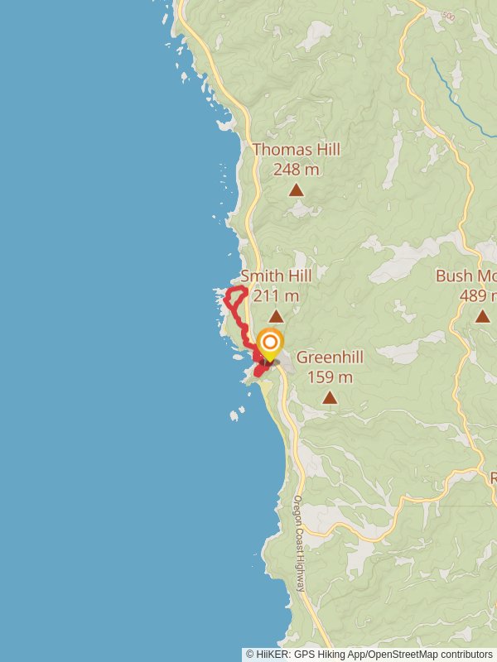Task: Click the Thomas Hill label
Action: pos(296,150)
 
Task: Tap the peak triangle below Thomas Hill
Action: pos(296,190)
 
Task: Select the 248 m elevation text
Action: pos(296,170)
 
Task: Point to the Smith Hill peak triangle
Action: pos(276,316)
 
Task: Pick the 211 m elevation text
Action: pos(276,295)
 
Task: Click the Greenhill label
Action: pos(330,357)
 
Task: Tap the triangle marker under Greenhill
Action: pos(330,398)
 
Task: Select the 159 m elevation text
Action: pos(330,377)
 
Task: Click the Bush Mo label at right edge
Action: pos(466,276)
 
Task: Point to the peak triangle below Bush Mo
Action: pos(482,316)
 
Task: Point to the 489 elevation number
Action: pos(475,295)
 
